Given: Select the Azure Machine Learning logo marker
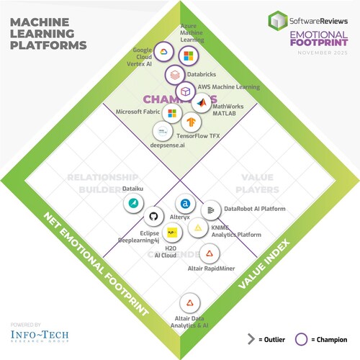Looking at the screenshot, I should point(189,56).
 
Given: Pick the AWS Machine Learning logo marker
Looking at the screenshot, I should point(185,91).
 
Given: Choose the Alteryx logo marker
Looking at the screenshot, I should point(186,204).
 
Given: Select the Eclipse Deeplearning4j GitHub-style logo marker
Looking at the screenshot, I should point(153,216).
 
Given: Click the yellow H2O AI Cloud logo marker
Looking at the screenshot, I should point(171,233).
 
